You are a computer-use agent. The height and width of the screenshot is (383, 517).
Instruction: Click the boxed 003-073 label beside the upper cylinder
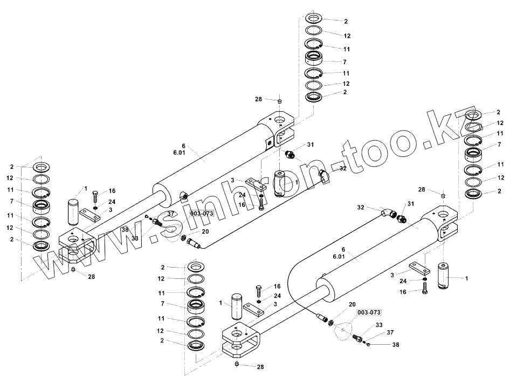coord(201,214)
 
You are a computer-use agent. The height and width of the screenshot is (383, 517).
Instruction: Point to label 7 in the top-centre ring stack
coord(345,63)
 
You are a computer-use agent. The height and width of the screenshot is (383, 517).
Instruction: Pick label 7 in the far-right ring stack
coord(499,144)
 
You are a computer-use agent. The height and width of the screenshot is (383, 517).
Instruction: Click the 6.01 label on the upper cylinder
coord(179,153)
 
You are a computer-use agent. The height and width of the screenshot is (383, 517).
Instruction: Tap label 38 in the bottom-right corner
coord(395,344)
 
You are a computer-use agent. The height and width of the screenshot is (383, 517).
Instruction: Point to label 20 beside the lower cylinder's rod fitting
coord(352,304)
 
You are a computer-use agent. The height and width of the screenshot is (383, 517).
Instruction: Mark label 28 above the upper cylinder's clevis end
coord(259,99)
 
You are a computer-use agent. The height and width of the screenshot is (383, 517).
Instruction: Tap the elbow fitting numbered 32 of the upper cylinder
coord(325,176)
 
